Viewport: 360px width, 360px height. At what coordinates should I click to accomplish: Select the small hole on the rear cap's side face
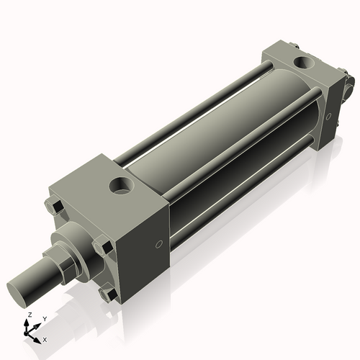pos(330,114)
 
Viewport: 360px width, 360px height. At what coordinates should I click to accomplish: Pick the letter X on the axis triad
pos(45,338)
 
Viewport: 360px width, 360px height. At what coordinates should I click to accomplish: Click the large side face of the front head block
pos(140,245)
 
